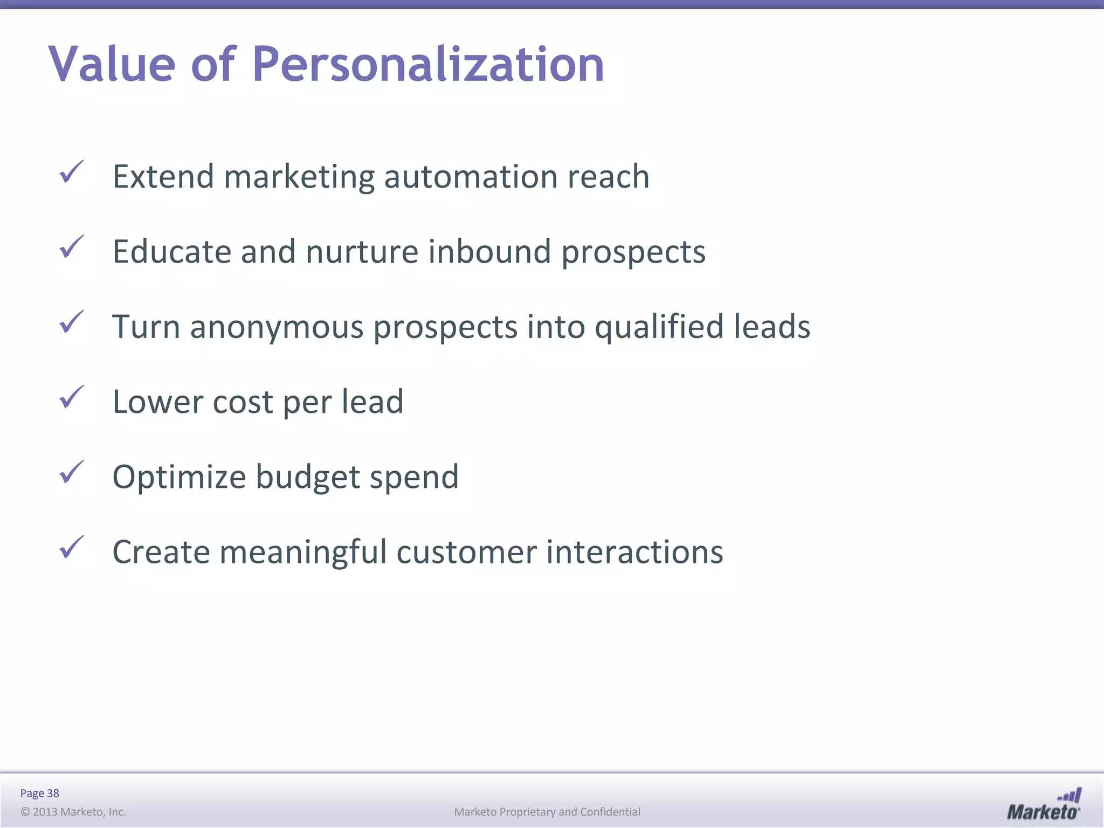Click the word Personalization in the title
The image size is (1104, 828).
click(x=428, y=65)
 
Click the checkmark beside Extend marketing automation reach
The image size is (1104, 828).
click(x=72, y=172)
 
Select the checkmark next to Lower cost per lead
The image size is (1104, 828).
click(x=72, y=397)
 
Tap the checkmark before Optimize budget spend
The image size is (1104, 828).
click(x=72, y=472)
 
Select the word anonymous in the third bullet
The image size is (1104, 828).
click(x=277, y=327)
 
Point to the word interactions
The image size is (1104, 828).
click(x=634, y=553)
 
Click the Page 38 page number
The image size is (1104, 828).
click(x=39, y=793)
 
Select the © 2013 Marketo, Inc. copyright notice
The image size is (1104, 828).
click(x=73, y=812)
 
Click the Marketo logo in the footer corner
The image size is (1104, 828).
click(x=1044, y=804)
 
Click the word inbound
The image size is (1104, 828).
click(x=489, y=252)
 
